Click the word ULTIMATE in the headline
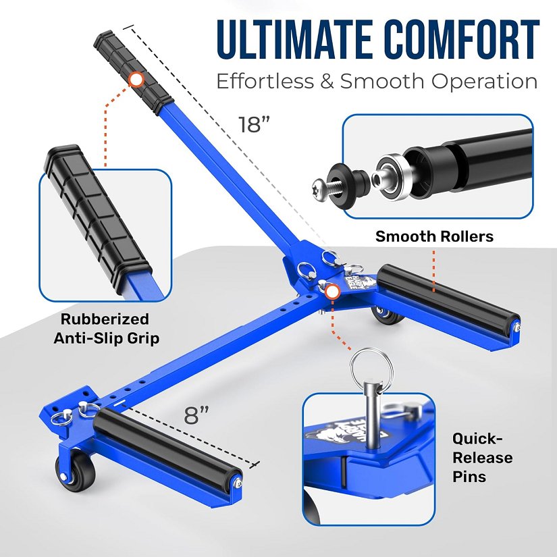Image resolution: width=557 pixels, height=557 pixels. click(x=294, y=39)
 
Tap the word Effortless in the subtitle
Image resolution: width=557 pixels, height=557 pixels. click(x=265, y=81)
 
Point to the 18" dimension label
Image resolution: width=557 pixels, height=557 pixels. click(x=254, y=124)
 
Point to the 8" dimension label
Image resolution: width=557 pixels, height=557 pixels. click(x=196, y=415)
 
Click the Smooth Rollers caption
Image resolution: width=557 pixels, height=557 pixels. click(x=434, y=236)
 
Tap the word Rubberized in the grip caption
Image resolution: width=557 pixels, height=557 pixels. click(x=105, y=319)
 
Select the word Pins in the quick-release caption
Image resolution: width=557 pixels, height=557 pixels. click(x=469, y=477)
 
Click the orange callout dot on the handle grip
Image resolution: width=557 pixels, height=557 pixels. click(x=136, y=80)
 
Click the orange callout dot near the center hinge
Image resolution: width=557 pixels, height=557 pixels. click(x=332, y=292)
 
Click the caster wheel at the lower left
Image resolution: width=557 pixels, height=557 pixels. click(x=76, y=467)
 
